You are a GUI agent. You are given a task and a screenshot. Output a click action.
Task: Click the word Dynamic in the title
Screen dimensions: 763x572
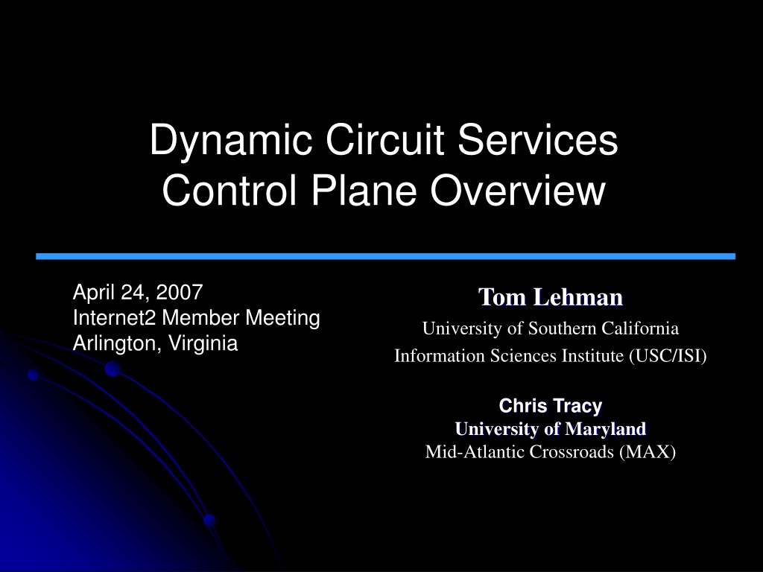[231, 142]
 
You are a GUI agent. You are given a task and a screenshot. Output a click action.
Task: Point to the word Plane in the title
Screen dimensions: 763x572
[364, 190]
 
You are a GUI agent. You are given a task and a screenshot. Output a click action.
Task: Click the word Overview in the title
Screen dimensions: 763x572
[518, 190]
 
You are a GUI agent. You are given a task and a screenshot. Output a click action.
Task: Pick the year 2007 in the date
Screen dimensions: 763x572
[179, 292]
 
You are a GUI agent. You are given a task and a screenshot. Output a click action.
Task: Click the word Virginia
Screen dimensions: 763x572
[203, 343]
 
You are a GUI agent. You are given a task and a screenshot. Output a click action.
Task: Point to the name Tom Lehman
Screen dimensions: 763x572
[551, 296]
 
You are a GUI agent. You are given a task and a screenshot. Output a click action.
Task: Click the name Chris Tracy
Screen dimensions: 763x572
[551, 406]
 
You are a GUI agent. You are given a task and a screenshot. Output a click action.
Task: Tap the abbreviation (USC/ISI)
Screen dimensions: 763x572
[668, 356]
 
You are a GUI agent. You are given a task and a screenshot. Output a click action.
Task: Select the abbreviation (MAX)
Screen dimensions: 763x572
[648, 452]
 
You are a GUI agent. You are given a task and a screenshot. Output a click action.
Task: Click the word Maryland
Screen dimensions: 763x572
[605, 428]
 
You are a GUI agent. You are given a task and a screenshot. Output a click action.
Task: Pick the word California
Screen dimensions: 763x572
[640, 328]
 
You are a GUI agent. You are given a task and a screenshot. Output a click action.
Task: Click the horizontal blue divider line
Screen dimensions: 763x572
[385, 256]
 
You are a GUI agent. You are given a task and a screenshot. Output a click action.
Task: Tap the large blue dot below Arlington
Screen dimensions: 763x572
[113, 369]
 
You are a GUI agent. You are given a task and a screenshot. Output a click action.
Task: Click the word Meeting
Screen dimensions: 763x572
[282, 319]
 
